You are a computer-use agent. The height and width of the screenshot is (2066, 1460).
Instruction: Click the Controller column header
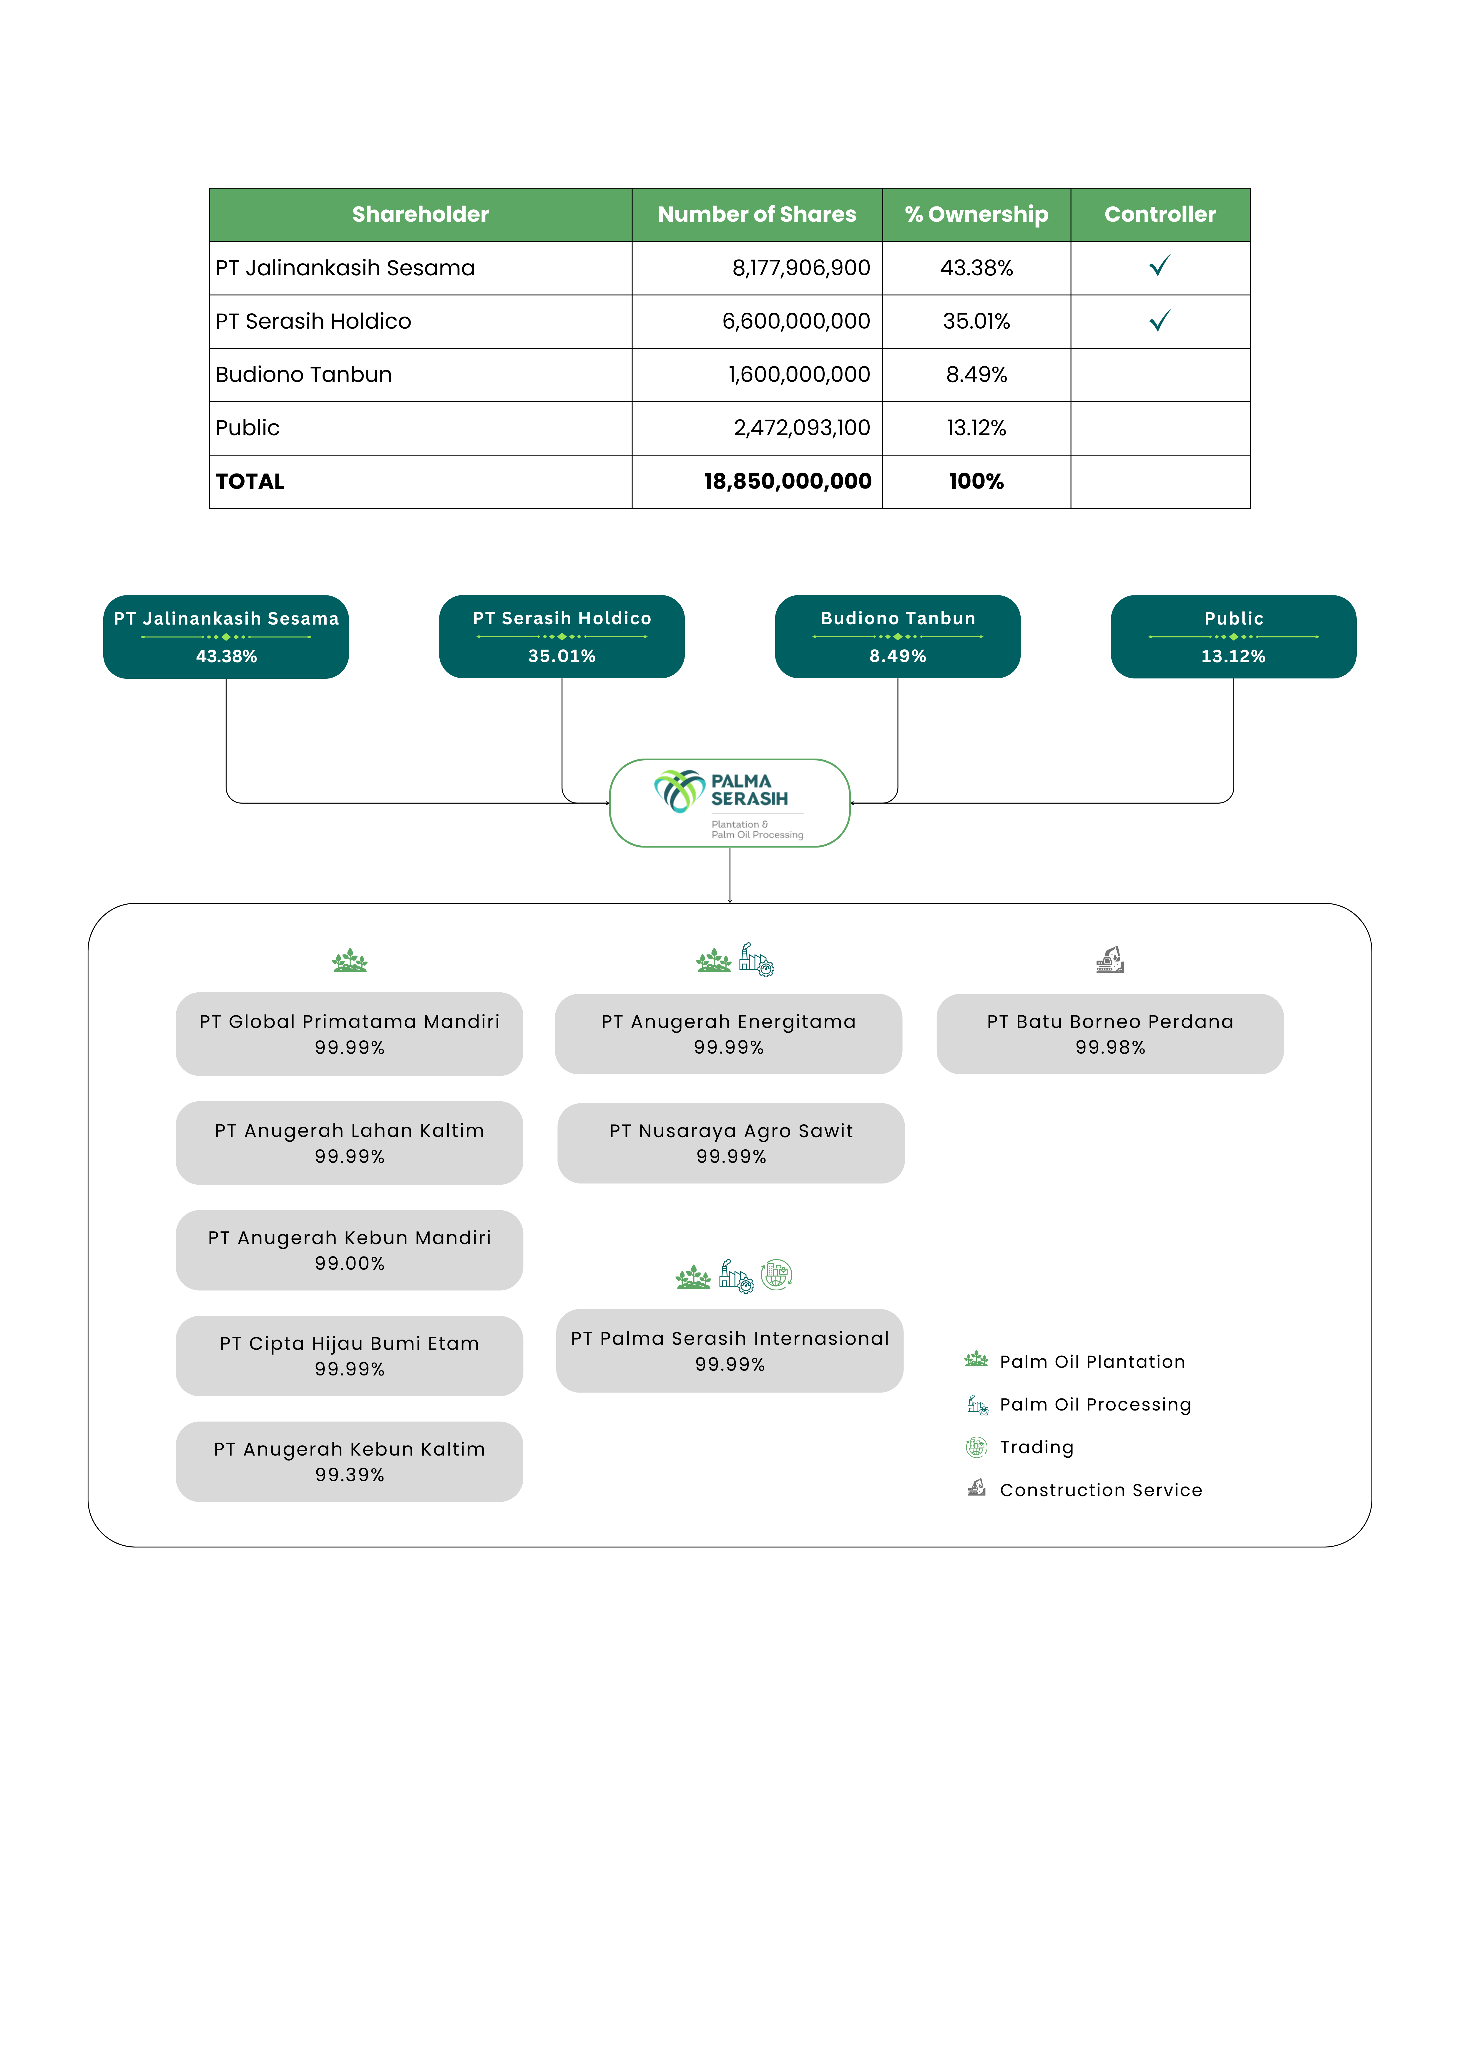(x=1160, y=214)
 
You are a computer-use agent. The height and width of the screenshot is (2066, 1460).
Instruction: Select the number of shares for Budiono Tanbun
(x=799, y=374)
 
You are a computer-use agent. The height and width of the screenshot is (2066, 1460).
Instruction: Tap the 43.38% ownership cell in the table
(x=976, y=268)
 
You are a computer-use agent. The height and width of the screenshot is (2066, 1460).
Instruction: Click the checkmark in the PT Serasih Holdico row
(x=1160, y=320)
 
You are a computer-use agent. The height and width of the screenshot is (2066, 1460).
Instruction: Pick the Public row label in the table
(x=248, y=427)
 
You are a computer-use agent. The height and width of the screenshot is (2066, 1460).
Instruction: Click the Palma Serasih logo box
(x=730, y=803)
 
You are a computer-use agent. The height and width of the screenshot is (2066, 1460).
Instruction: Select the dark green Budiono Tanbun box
(x=898, y=636)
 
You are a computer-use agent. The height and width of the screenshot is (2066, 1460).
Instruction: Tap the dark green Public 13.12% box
(x=1233, y=636)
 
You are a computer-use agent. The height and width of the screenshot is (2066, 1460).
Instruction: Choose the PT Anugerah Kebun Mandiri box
(x=349, y=1250)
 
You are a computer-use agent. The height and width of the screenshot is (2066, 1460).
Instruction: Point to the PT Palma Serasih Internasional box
(x=730, y=1351)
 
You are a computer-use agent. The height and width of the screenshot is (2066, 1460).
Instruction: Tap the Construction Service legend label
(x=1101, y=1490)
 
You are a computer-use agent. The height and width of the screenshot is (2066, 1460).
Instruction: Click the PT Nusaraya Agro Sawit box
(x=730, y=1143)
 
